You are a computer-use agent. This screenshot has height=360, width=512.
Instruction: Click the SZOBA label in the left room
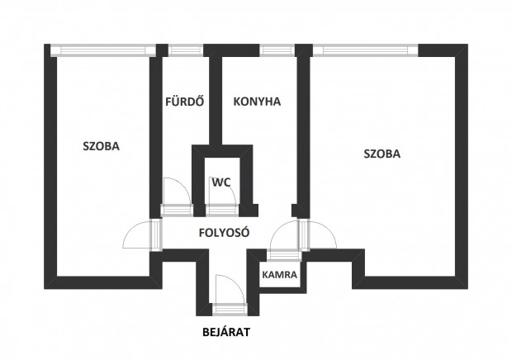pos(101,146)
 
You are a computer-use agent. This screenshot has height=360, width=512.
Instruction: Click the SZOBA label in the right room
pos(382,154)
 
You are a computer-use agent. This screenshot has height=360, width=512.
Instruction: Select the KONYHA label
pos(257,102)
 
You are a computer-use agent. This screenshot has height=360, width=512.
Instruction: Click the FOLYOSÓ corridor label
pos(225,232)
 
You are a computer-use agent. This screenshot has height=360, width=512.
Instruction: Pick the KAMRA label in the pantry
pos(280,274)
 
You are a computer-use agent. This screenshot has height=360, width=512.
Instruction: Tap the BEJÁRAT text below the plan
pos(225,333)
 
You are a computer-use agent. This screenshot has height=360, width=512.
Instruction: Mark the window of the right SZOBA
pos(364,50)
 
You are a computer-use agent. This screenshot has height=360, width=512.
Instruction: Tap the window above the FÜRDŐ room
pos(182,50)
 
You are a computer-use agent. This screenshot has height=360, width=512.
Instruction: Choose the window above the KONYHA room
pos(273,50)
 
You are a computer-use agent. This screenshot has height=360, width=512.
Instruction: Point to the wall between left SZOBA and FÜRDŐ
pos(153,132)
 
